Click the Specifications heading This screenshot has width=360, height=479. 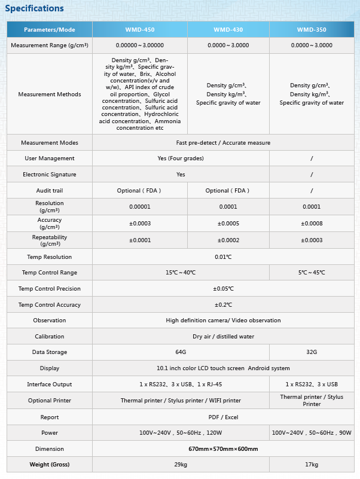[x=34, y=8]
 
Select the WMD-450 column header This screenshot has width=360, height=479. [x=139, y=29]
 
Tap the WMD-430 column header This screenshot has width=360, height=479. [x=228, y=29]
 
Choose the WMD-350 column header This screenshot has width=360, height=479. [x=312, y=29]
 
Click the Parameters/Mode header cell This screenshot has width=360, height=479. [x=50, y=29]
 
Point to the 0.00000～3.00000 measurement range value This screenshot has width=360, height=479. [x=139, y=45]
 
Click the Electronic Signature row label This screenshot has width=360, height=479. [x=50, y=175]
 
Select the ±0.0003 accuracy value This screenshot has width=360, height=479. [x=139, y=224]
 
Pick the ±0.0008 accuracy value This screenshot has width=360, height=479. [x=312, y=224]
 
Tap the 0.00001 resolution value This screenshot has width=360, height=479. [x=139, y=207]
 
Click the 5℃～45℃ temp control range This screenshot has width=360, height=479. [x=312, y=273]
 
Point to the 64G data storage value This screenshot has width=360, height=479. [x=181, y=352]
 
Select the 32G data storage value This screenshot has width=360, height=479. [x=312, y=352]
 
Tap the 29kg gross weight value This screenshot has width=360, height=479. [x=181, y=465]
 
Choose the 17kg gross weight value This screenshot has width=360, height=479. [x=312, y=465]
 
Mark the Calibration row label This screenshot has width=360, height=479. [x=50, y=337]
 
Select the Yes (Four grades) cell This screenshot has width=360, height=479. [x=181, y=158]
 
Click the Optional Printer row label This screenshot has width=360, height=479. [x=50, y=401]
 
